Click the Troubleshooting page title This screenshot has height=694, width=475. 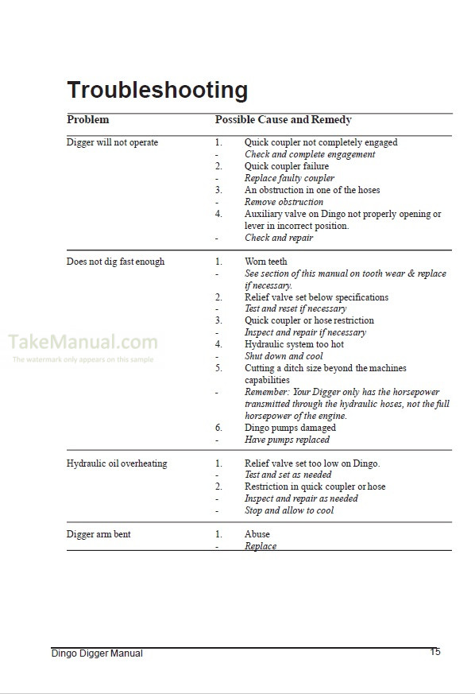(x=157, y=90)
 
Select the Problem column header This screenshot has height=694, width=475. (x=87, y=120)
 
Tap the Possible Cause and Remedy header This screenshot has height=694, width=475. (x=283, y=120)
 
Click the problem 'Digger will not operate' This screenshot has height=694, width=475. (x=112, y=143)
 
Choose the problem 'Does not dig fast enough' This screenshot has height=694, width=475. (x=115, y=262)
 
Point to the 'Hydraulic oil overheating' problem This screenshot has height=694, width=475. (x=117, y=463)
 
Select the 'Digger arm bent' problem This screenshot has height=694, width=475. (x=98, y=534)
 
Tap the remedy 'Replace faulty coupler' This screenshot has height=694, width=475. (x=289, y=178)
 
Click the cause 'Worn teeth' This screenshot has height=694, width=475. (x=266, y=262)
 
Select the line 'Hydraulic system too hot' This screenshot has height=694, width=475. (x=294, y=344)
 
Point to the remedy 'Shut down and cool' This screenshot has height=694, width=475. (x=284, y=356)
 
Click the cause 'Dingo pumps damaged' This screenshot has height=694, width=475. (x=290, y=428)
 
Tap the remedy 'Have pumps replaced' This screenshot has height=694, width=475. (x=287, y=440)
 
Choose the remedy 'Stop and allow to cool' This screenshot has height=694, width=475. (x=289, y=510)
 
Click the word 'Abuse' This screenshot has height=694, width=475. (x=257, y=534)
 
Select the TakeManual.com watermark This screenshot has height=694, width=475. (x=83, y=343)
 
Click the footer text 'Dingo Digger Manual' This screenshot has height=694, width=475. (x=97, y=653)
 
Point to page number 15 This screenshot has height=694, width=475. (x=435, y=652)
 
